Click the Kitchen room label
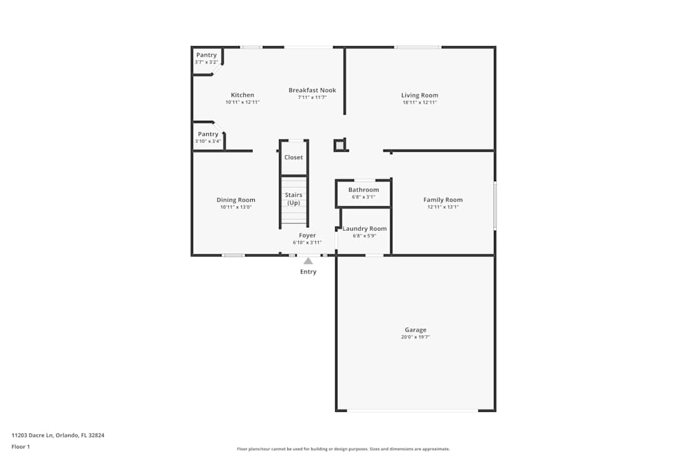(243, 95)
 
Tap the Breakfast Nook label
(313, 90)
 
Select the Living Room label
(420, 95)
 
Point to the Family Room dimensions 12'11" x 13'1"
(443, 207)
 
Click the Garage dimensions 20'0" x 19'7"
(416, 337)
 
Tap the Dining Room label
(236, 200)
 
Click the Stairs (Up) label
(293, 199)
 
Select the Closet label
(293, 157)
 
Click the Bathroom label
(363, 190)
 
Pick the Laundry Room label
(365, 229)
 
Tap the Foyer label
(307, 236)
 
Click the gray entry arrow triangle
(308, 261)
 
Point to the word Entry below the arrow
(308, 272)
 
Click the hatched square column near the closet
(339, 145)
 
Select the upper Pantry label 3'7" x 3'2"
(206, 58)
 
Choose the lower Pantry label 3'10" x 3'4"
(208, 137)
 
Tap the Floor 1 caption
(21, 446)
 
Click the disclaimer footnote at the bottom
(343, 449)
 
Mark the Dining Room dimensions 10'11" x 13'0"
(236, 207)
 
